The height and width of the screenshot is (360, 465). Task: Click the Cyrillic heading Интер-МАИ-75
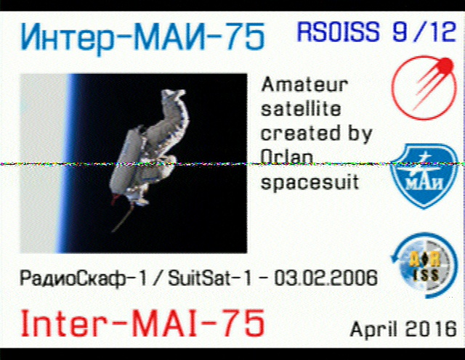pyautogui.click(x=142, y=38)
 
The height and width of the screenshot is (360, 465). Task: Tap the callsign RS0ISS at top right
pyautogui.click(x=339, y=31)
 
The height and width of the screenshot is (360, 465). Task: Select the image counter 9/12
pyautogui.click(x=424, y=31)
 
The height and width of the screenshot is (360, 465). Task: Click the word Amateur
pyautogui.click(x=304, y=85)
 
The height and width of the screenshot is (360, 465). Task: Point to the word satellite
pyautogui.click(x=301, y=108)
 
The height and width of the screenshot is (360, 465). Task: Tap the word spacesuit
pyautogui.click(x=310, y=182)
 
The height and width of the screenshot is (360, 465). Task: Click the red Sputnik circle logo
pyautogui.click(x=424, y=88)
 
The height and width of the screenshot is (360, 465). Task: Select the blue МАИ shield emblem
pyautogui.click(x=424, y=176)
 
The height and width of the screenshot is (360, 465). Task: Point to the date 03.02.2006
pyautogui.click(x=325, y=278)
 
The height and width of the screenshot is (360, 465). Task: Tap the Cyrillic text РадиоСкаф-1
pyautogui.click(x=83, y=279)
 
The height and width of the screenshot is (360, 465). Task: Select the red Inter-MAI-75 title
pyautogui.click(x=142, y=324)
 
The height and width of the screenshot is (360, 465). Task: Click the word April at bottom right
pyautogui.click(x=373, y=329)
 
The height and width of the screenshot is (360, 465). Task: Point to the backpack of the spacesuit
pyautogui.click(x=124, y=160)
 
